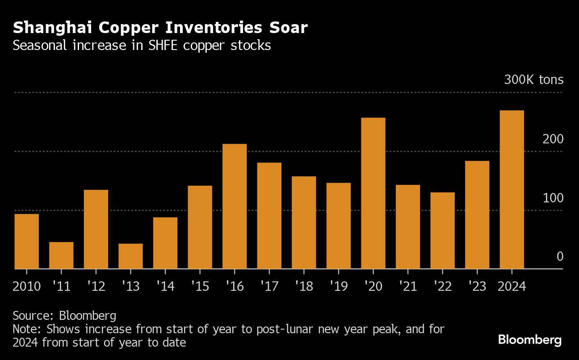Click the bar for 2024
click(x=512, y=189)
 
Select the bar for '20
click(x=373, y=193)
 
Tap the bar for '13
click(x=130, y=256)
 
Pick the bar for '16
click(x=235, y=206)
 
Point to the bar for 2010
click(x=27, y=241)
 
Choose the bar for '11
click(x=61, y=255)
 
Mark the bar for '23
click(x=477, y=214)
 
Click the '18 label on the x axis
click(x=304, y=285)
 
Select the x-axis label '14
click(x=165, y=285)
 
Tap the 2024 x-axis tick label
click(x=512, y=285)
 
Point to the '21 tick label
click(x=407, y=285)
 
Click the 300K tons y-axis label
click(x=533, y=80)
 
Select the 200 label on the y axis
click(x=553, y=139)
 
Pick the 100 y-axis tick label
click(x=553, y=198)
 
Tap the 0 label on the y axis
click(x=560, y=256)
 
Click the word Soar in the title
click(x=288, y=28)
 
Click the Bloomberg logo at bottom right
click(x=529, y=340)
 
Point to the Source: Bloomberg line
click(x=64, y=316)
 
